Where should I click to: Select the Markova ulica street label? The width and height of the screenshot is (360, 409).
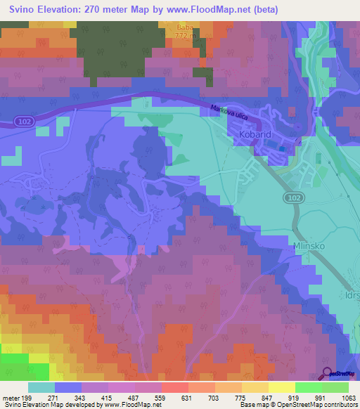coord(228,111)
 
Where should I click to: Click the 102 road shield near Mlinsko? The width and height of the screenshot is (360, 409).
coord(294,200)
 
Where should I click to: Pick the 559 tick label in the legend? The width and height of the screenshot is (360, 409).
coord(161,398)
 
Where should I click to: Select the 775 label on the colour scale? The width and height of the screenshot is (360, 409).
coord(240,398)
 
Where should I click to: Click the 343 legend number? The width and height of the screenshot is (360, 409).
coord(82,398)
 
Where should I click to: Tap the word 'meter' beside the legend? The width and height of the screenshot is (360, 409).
coord(11,398)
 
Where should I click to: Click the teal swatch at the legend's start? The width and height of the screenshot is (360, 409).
coord(41,387)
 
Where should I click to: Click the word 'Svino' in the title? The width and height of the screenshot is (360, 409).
coord(19,10)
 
